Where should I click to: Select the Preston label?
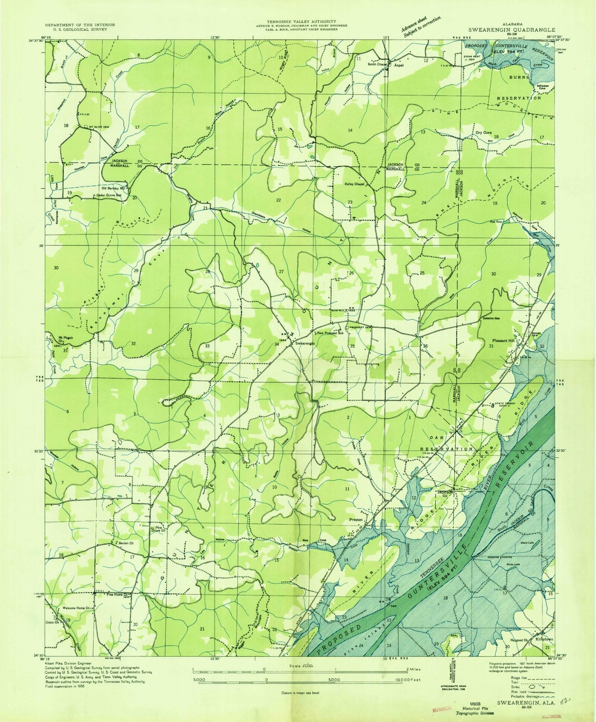click(x=356, y=520)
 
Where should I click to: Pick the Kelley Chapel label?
click(x=354, y=184)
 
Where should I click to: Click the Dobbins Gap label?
click(x=491, y=322)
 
